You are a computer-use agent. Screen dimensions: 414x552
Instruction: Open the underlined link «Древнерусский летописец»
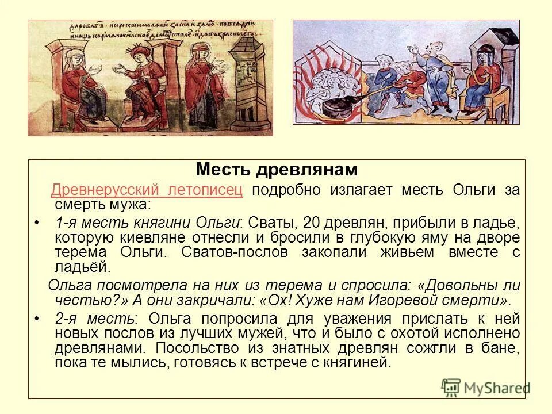[147, 191]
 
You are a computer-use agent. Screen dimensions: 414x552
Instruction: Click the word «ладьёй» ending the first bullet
[82, 267]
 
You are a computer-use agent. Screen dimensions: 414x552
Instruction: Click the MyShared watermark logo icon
[451, 388]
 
